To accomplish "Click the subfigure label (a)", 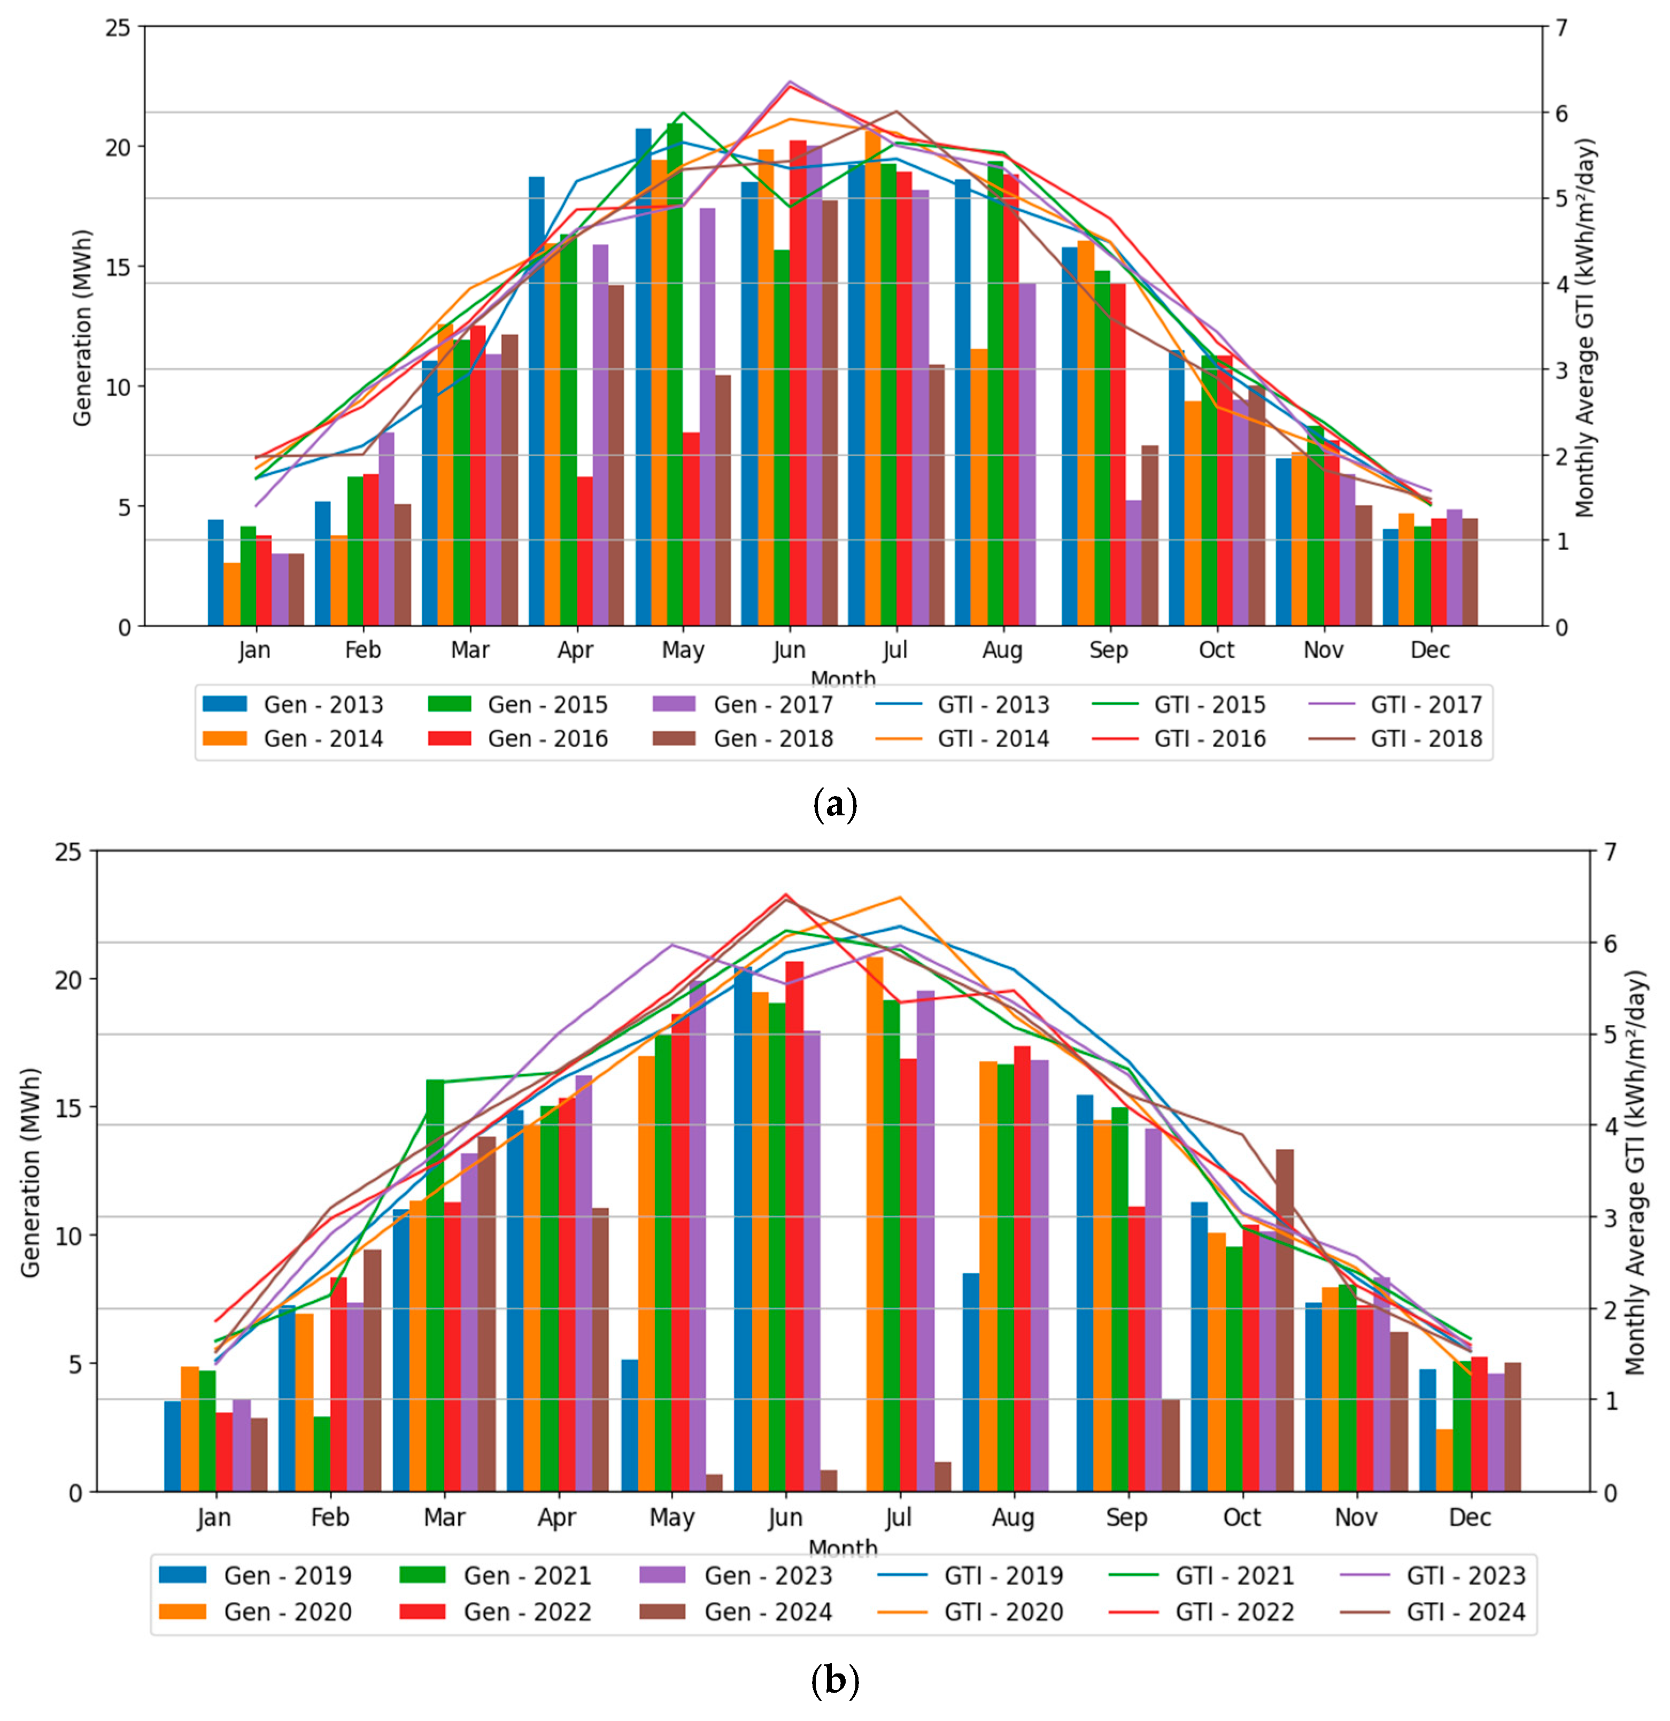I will [x=835, y=804].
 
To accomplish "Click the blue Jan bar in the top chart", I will [x=215, y=573].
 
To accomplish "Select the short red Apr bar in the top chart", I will [x=584, y=551].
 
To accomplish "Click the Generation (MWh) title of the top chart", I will [x=82, y=328].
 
